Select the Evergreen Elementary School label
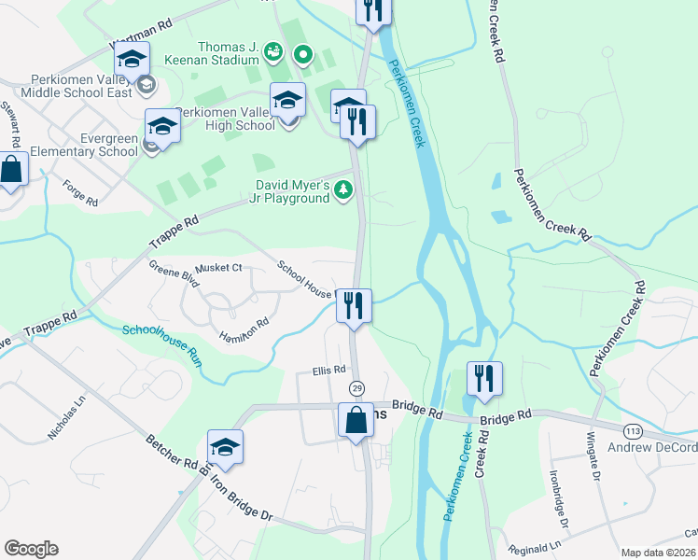point(70,144)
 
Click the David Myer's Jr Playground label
point(289,191)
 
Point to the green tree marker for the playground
point(344,190)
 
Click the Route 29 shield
point(356,387)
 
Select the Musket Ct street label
point(224,268)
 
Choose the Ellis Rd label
point(328,371)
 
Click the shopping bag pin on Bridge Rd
point(356,420)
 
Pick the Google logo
point(31,549)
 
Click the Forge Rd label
point(80,193)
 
